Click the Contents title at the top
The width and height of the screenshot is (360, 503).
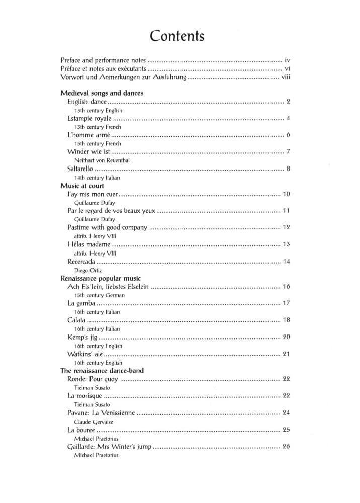tap(177, 36)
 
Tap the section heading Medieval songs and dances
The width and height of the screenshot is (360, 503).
tap(102, 93)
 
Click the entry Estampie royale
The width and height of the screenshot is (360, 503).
tap(89, 119)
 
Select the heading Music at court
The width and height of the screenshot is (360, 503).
tap(82, 186)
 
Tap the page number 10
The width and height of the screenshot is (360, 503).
tap(287, 194)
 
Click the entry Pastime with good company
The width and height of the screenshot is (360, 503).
tap(107, 227)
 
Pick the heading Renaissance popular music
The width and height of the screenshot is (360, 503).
tap(101, 278)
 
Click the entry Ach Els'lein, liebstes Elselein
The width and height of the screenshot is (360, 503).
tap(108, 287)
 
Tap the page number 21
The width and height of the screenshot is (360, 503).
tap(287, 354)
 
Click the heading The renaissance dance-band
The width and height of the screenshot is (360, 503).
tap(102, 371)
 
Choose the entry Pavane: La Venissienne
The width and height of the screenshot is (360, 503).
tap(101, 413)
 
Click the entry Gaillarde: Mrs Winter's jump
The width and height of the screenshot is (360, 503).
tap(109, 447)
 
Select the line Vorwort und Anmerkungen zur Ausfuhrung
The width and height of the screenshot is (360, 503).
tap(123, 77)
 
